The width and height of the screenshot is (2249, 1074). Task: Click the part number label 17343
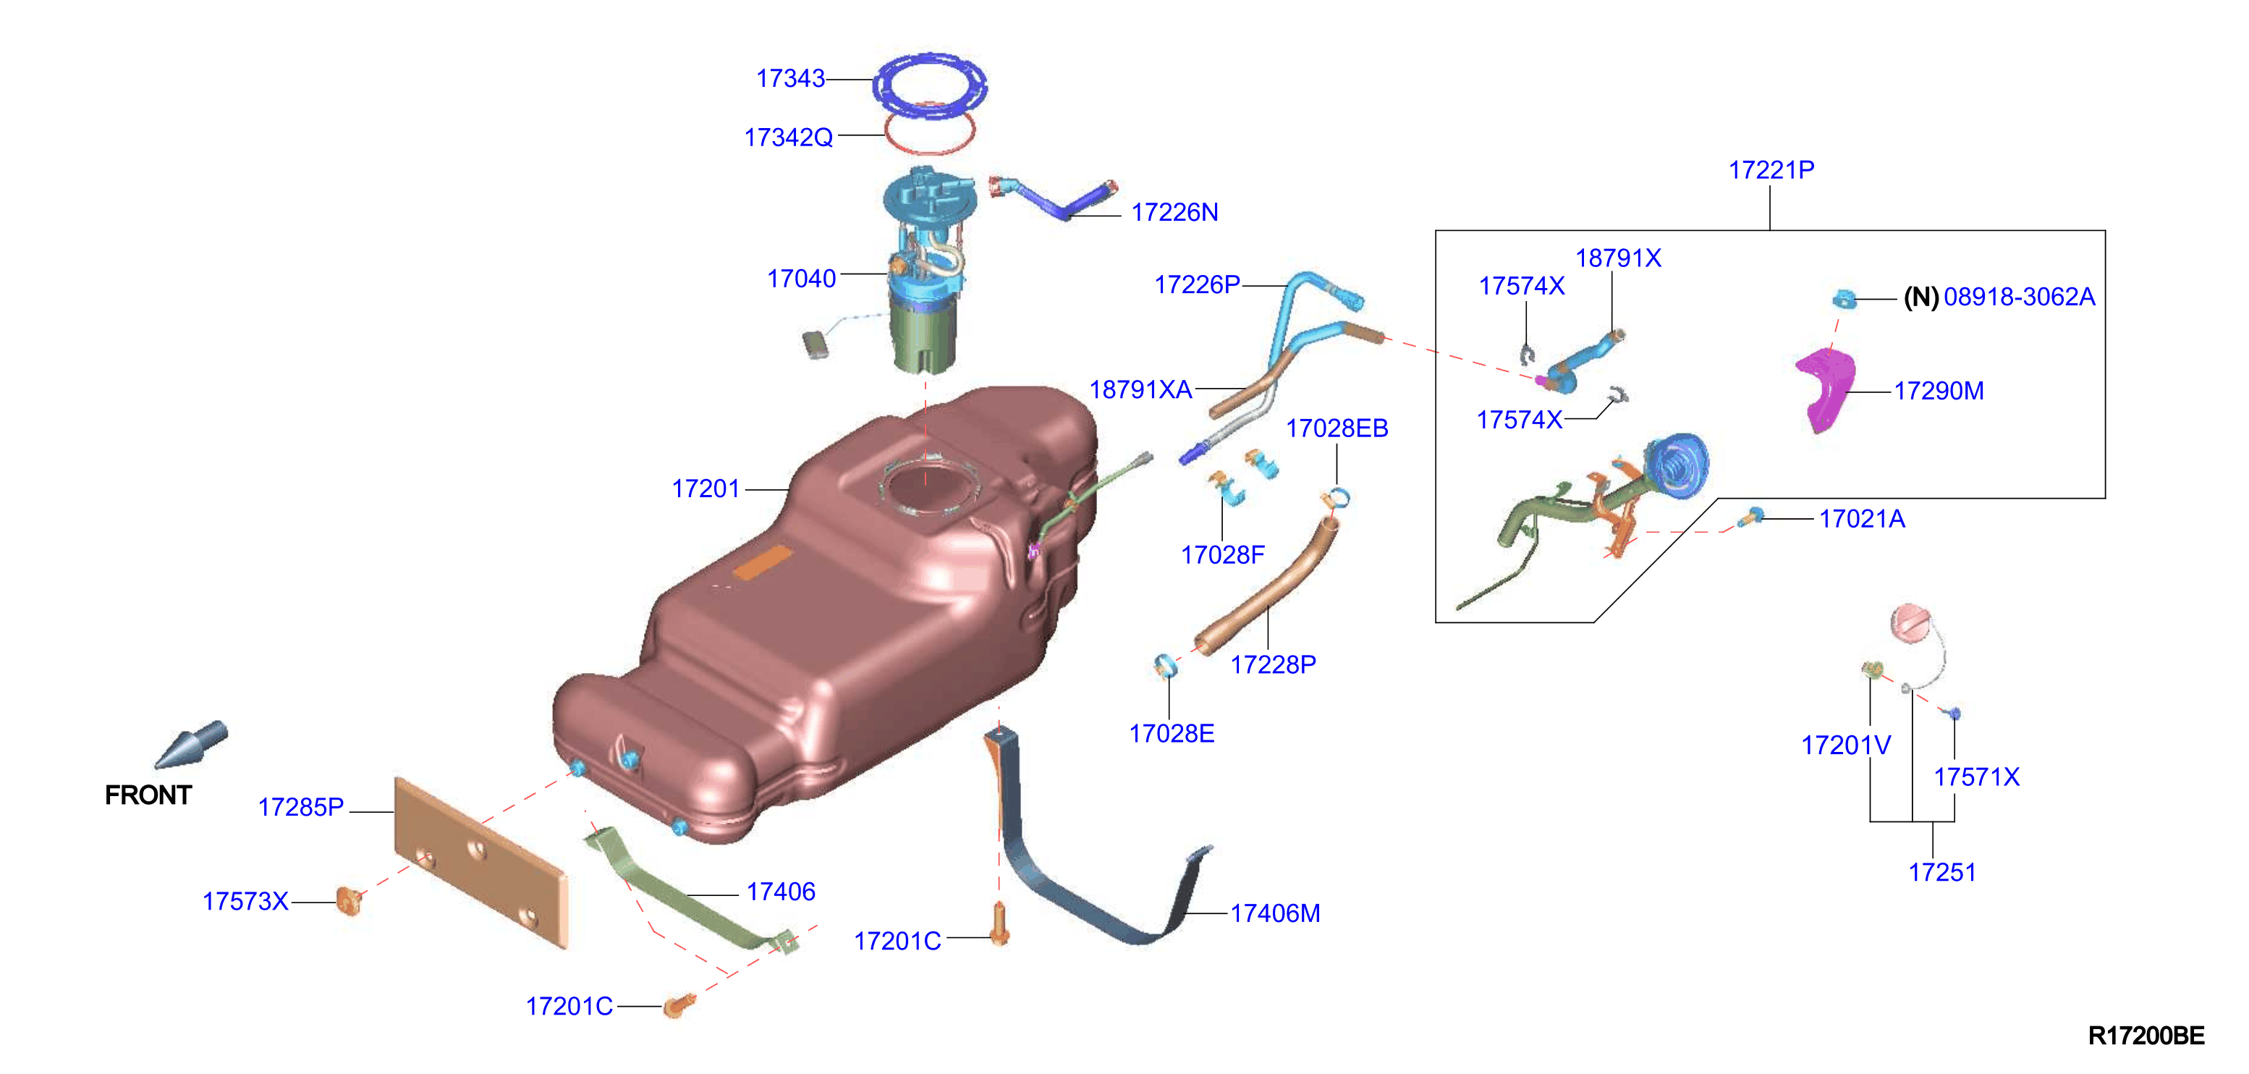pos(790,79)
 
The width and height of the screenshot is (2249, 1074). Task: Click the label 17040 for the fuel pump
pos(802,279)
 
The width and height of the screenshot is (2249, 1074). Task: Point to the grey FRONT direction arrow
pos(192,745)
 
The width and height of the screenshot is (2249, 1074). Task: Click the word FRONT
pos(148,795)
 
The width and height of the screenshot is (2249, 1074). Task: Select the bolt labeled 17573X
pos(350,900)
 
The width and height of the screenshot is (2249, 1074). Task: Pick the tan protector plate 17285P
pos(481,861)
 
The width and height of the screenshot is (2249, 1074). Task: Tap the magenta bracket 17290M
pos(1826,389)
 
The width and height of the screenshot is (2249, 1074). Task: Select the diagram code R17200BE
pos(2146,1036)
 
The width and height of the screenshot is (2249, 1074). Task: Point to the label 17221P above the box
pos(1771,169)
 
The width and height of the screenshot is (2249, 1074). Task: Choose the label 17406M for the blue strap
pos(1275,913)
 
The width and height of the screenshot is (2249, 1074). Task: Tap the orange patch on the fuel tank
pos(762,563)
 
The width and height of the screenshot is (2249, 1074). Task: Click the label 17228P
pos(1273,664)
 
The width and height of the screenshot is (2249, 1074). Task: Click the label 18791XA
pos(1140,389)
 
